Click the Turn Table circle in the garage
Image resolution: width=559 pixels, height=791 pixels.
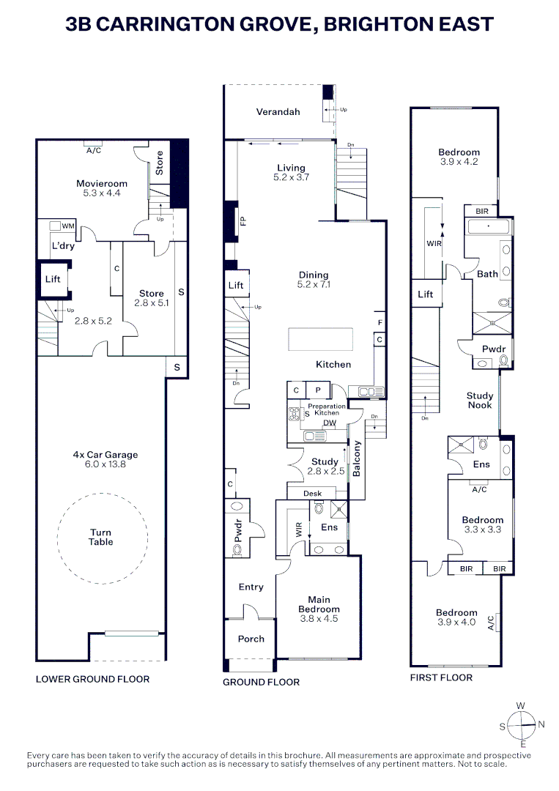pyautogui.click(x=101, y=538)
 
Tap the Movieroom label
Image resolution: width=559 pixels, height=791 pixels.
pyautogui.click(x=102, y=184)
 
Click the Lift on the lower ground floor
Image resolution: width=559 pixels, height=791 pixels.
pyautogui.click(x=52, y=279)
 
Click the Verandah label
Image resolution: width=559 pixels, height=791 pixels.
pyautogui.click(x=278, y=112)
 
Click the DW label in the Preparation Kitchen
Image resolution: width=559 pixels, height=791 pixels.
pyautogui.click(x=329, y=423)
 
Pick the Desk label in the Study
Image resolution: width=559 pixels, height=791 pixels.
pyautogui.click(x=312, y=494)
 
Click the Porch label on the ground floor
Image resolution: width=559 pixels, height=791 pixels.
pyautogui.click(x=251, y=639)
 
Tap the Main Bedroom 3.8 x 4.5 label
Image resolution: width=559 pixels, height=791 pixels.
pyautogui.click(x=319, y=609)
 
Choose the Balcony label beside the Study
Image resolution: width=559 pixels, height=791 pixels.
pyautogui.click(x=358, y=459)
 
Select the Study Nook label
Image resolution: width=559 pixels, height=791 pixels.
pyautogui.click(x=480, y=401)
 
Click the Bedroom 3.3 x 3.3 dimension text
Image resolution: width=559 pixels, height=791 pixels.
pyautogui.click(x=482, y=529)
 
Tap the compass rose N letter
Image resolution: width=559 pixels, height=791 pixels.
pyautogui.click(x=541, y=725)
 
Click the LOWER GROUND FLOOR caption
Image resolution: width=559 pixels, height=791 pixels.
pyautogui.click(x=92, y=679)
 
